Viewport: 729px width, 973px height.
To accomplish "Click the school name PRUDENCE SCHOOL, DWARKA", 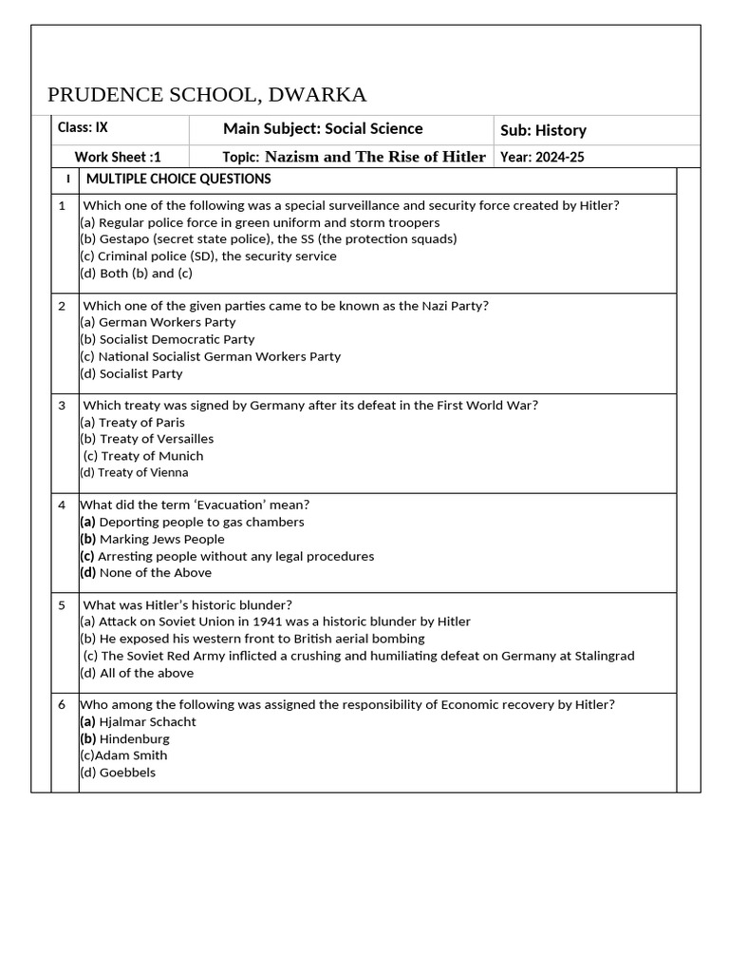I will coord(207,94).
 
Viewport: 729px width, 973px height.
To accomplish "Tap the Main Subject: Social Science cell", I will coord(323,128).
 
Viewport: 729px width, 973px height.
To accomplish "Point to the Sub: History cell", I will coord(543,130).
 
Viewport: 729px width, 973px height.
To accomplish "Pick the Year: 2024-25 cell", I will coord(542,157).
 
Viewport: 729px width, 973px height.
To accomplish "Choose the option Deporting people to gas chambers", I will coord(192,522).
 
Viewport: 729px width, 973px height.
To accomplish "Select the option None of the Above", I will coord(146,572).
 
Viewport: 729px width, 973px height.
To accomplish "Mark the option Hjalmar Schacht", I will coord(138,721).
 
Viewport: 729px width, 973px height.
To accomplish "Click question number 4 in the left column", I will coord(62,505).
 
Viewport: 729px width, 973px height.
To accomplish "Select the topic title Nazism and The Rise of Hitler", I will coord(375,157).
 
